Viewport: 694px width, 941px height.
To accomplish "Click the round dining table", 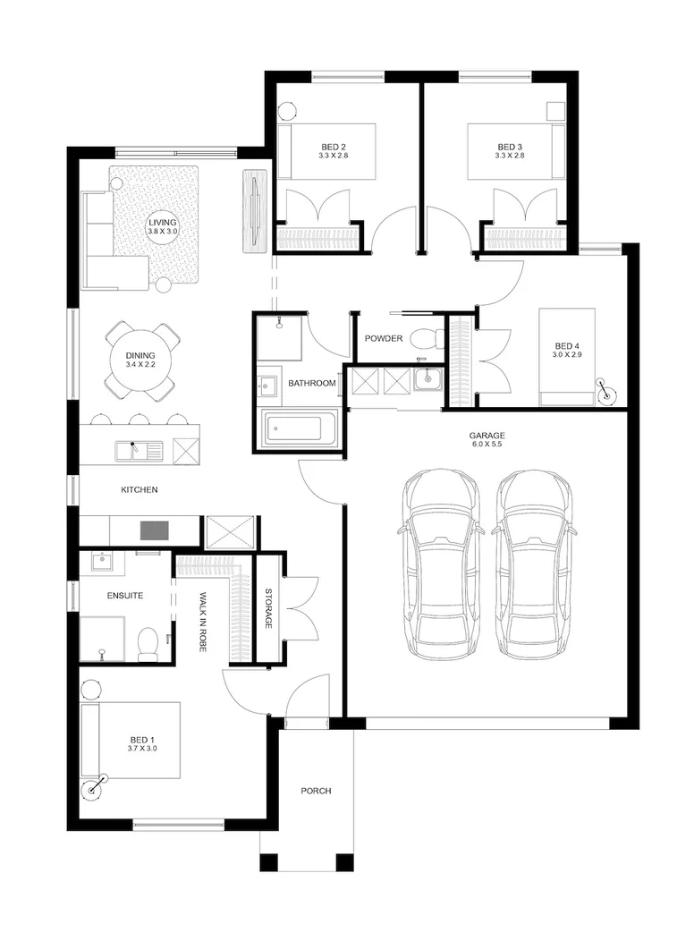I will tap(141, 360).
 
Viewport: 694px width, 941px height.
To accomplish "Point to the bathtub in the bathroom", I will tap(299, 430).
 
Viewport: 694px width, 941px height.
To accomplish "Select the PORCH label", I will tap(316, 791).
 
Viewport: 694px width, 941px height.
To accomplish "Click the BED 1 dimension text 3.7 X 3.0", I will tap(142, 749).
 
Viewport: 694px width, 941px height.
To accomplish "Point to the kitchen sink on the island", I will tap(135, 450).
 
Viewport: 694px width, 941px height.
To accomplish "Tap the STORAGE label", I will tap(268, 608).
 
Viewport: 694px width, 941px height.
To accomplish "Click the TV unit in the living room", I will tap(255, 211).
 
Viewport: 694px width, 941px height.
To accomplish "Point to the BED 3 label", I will tap(509, 147).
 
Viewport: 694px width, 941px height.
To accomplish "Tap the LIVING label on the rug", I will tap(164, 222).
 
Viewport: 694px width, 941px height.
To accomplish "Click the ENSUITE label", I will tap(125, 595).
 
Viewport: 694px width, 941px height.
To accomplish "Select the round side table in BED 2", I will tap(288, 111).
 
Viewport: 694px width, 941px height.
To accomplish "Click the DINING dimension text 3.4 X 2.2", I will tap(140, 365).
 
